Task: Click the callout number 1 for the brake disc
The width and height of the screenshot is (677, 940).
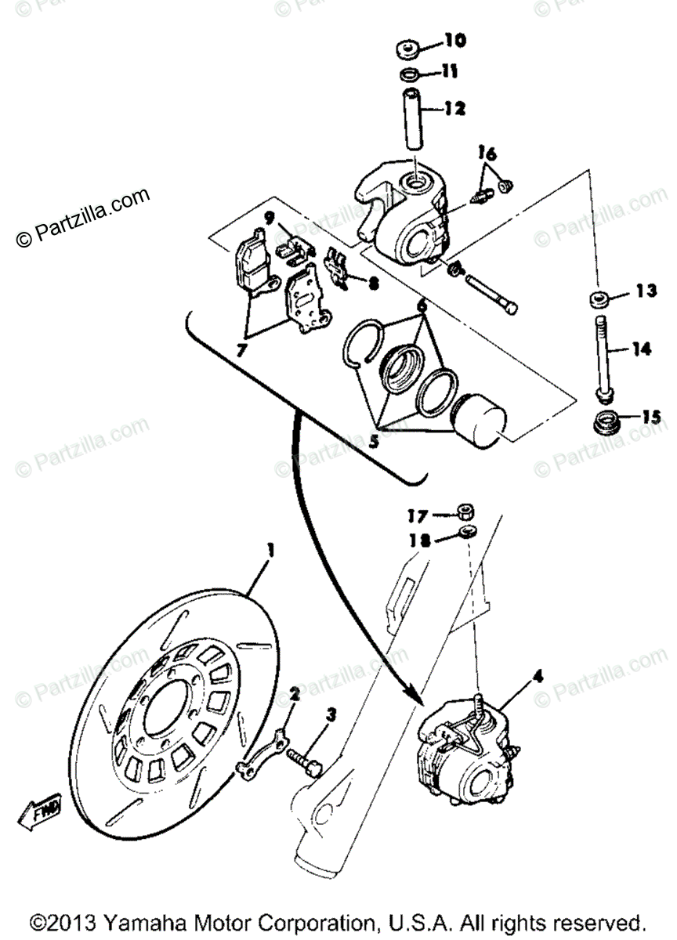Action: click(x=270, y=552)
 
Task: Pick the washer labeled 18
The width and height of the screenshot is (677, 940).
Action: click(x=468, y=533)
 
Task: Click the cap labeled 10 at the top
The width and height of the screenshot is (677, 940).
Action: click(x=407, y=51)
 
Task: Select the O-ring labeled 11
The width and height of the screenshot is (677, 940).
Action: click(x=407, y=75)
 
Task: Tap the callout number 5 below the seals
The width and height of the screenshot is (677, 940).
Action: click(x=374, y=442)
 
